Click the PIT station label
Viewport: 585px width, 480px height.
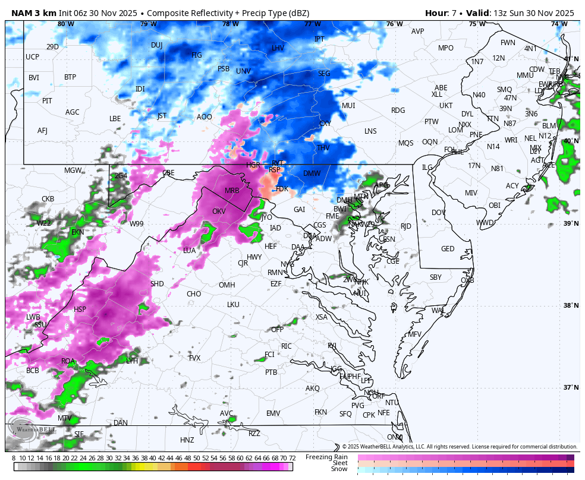tap(47, 101)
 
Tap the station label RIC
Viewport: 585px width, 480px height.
tap(287, 346)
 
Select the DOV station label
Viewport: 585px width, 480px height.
tap(439, 213)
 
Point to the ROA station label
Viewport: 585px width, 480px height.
tap(68, 361)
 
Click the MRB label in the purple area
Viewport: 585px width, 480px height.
tap(232, 191)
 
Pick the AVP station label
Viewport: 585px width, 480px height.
tap(418, 31)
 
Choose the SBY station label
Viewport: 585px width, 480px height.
tap(436, 277)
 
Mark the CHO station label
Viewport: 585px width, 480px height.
tap(194, 294)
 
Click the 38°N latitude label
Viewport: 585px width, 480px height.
tap(571, 306)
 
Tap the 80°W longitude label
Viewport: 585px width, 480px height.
tap(66, 24)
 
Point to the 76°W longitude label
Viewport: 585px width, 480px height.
tap(394, 24)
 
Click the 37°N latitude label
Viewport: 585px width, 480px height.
tap(571, 388)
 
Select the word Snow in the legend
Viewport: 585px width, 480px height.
tap(339, 469)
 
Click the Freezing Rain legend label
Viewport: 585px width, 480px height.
tap(327, 457)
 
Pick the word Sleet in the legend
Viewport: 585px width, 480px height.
tap(340, 463)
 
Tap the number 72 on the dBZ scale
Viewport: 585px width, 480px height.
tap(292, 458)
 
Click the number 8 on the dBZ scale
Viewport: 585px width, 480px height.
tap(14, 458)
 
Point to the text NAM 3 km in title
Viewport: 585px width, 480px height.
tap(33, 13)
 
